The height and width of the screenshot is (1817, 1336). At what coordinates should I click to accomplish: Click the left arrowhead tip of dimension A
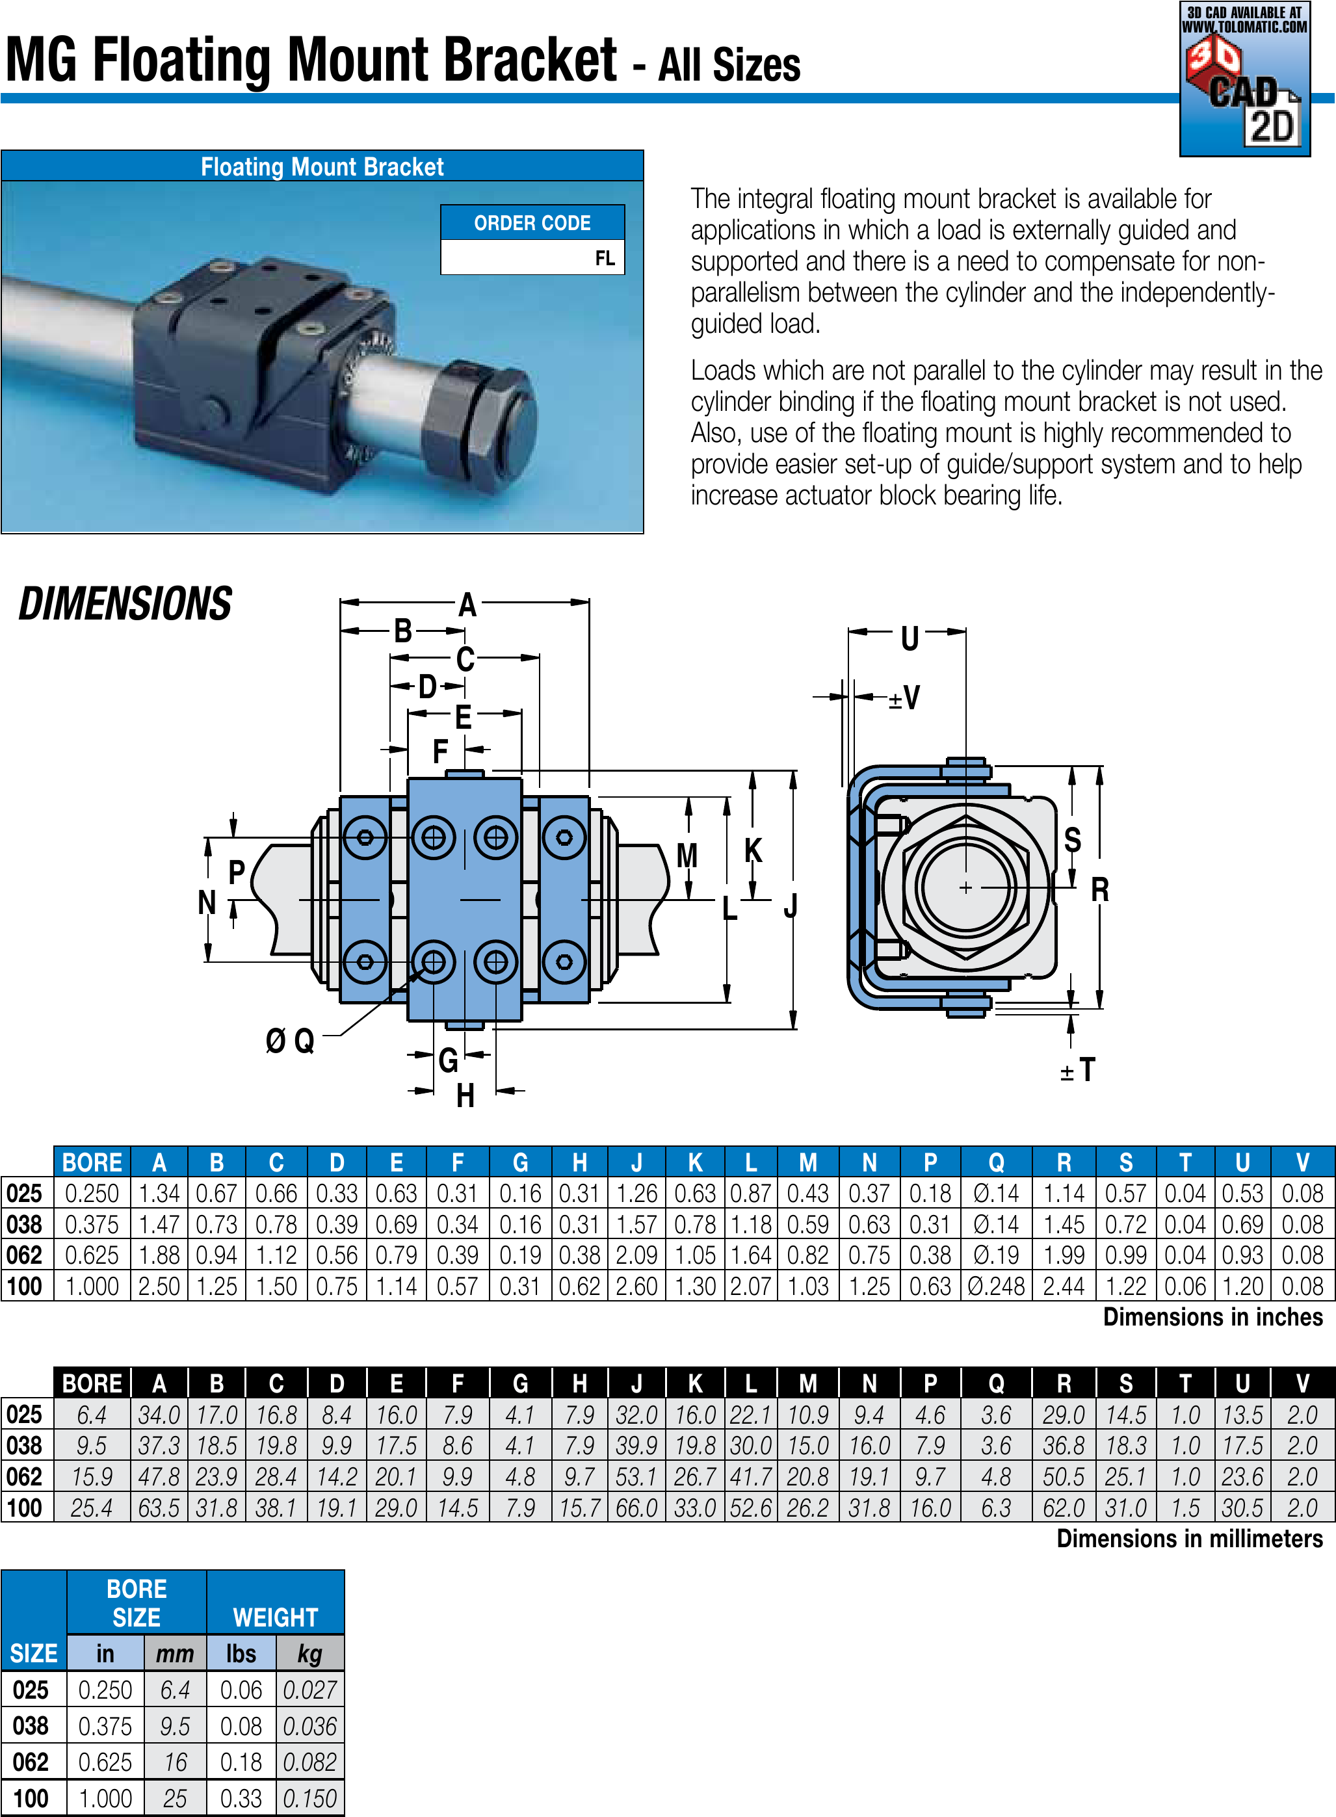click(341, 601)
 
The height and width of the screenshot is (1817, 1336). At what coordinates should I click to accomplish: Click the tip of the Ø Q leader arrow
click(425, 968)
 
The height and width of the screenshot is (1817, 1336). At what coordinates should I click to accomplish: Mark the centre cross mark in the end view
click(965, 887)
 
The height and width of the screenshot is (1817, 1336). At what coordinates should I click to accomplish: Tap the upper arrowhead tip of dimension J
click(793, 770)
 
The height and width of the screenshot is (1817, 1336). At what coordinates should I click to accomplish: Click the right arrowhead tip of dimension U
click(967, 631)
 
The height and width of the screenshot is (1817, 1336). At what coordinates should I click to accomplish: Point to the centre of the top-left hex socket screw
click(365, 837)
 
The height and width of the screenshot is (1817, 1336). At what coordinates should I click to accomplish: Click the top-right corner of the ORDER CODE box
click(624, 205)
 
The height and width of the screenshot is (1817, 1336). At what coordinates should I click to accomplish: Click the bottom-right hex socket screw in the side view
click(564, 961)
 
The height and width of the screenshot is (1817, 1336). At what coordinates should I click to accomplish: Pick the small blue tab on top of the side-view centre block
click(465, 774)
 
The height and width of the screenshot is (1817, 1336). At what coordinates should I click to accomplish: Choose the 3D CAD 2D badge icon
click(1244, 79)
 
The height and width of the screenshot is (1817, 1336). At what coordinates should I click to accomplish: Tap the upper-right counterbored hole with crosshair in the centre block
click(496, 837)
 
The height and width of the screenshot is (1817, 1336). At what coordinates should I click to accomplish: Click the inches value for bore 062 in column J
click(636, 1255)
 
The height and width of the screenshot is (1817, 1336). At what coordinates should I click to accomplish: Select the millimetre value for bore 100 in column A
click(159, 1508)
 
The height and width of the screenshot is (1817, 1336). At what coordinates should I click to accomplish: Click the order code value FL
click(605, 259)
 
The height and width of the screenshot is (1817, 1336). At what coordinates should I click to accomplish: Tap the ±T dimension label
click(1078, 1070)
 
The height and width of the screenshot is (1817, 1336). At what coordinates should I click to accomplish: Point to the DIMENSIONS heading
click(125, 604)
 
